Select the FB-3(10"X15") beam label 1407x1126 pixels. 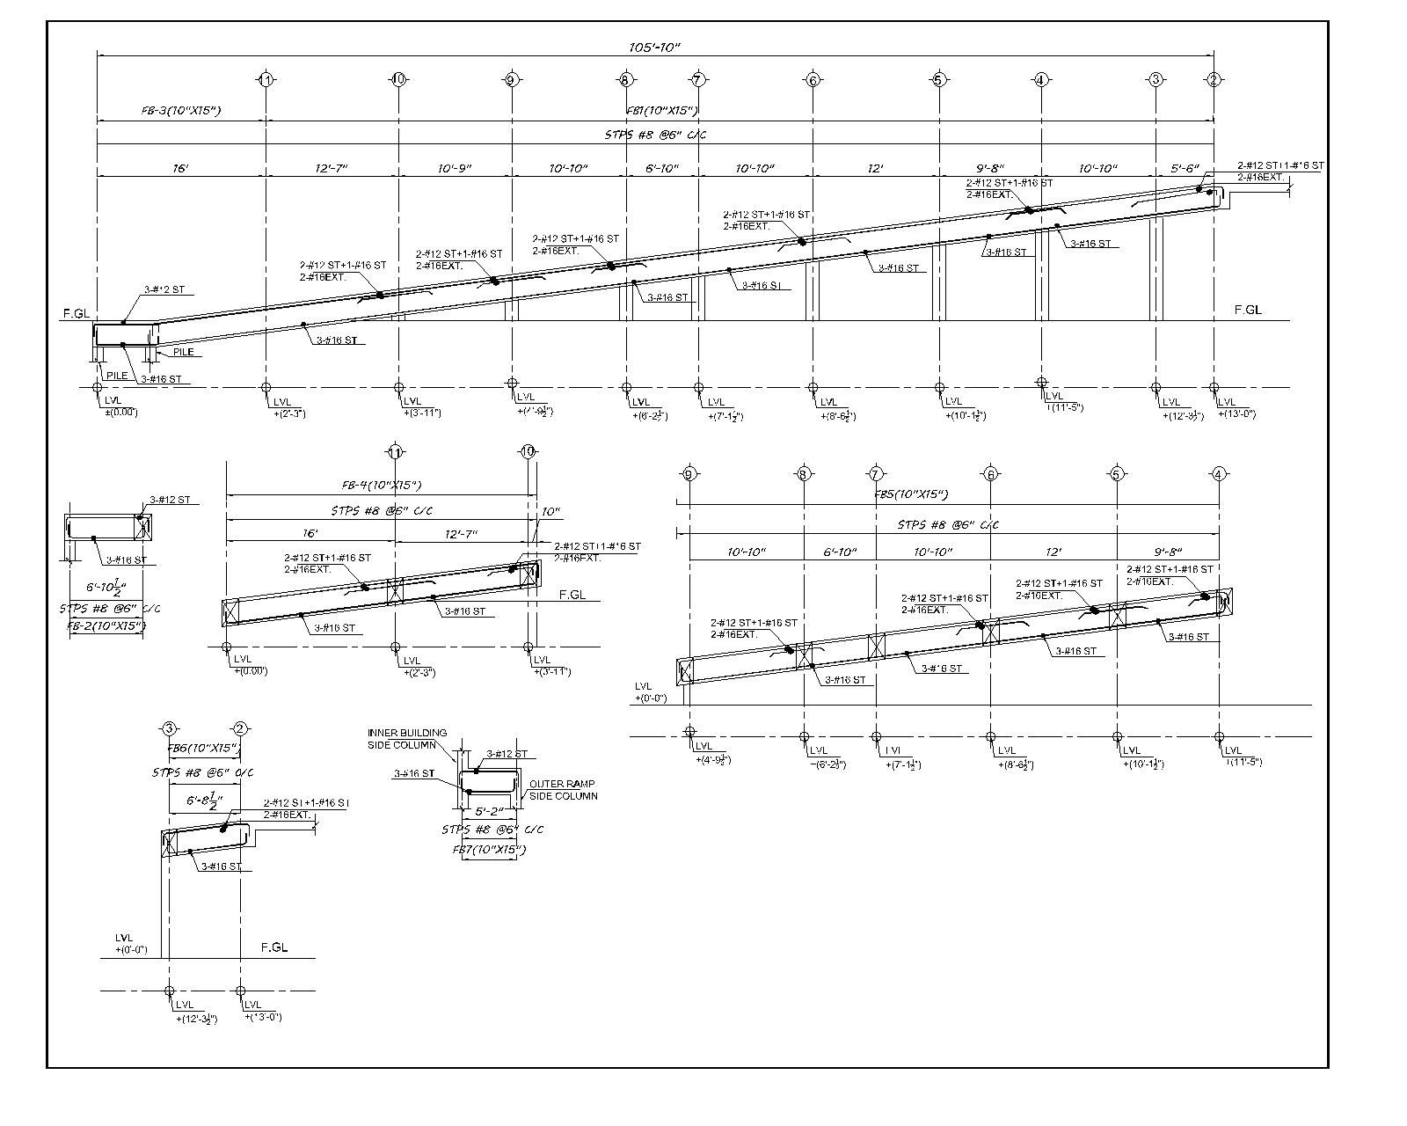(180, 111)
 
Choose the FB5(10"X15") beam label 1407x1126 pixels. (911, 494)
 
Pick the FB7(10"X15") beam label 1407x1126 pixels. (488, 850)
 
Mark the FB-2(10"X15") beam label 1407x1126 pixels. (106, 626)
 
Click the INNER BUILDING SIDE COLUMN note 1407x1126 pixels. (407, 738)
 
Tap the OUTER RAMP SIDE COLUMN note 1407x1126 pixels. (563, 789)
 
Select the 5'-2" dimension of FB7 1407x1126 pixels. (489, 811)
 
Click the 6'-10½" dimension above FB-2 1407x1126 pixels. (106, 587)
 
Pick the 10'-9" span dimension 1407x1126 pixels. (456, 168)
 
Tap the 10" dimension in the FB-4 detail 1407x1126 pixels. (550, 511)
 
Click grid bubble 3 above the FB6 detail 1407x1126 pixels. (170, 728)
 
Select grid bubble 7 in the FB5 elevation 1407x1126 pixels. (876, 474)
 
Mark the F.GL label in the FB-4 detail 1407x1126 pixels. (572, 595)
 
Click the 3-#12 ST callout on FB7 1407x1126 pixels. (507, 754)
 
